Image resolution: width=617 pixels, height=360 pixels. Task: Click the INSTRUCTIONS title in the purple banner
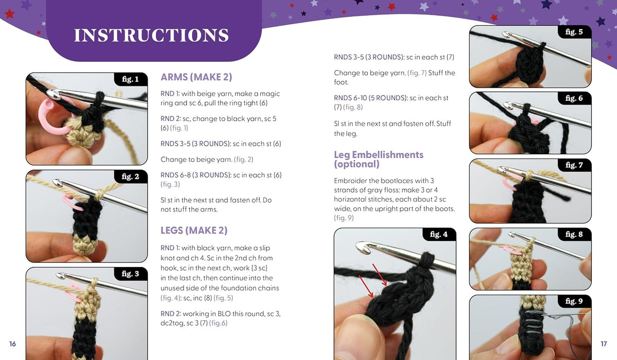pyautogui.click(x=152, y=35)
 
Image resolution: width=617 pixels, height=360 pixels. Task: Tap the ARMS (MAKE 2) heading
pyautogui.click(x=196, y=77)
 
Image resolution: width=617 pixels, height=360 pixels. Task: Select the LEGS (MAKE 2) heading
pyautogui.click(x=194, y=230)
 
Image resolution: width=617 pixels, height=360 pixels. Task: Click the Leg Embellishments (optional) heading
pyautogui.click(x=379, y=159)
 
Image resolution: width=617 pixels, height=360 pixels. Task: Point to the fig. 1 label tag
pyautogui.click(x=130, y=79)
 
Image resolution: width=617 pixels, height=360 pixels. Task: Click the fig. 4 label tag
pyautogui.click(x=439, y=235)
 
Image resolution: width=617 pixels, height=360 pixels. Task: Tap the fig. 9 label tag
pyautogui.click(x=574, y=301)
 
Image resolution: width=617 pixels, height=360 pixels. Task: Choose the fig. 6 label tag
pyautogui.click(x=574, y=98)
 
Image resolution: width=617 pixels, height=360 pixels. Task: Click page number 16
pyautogui.click(x=12, y=344)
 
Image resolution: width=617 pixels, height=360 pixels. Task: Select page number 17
pyautogui.click(x=604, y=344)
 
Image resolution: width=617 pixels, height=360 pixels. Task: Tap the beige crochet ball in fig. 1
pyautogui.click(x=81, y=134)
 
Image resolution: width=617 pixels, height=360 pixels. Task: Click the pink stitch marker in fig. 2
pyautogui.click(x=71, y=203)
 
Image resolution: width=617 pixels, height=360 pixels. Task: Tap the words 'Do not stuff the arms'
pyautogui.click(x=216, y=205)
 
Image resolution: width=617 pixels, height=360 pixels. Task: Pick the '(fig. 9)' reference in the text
pyautogui.click(x=344, y=218)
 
